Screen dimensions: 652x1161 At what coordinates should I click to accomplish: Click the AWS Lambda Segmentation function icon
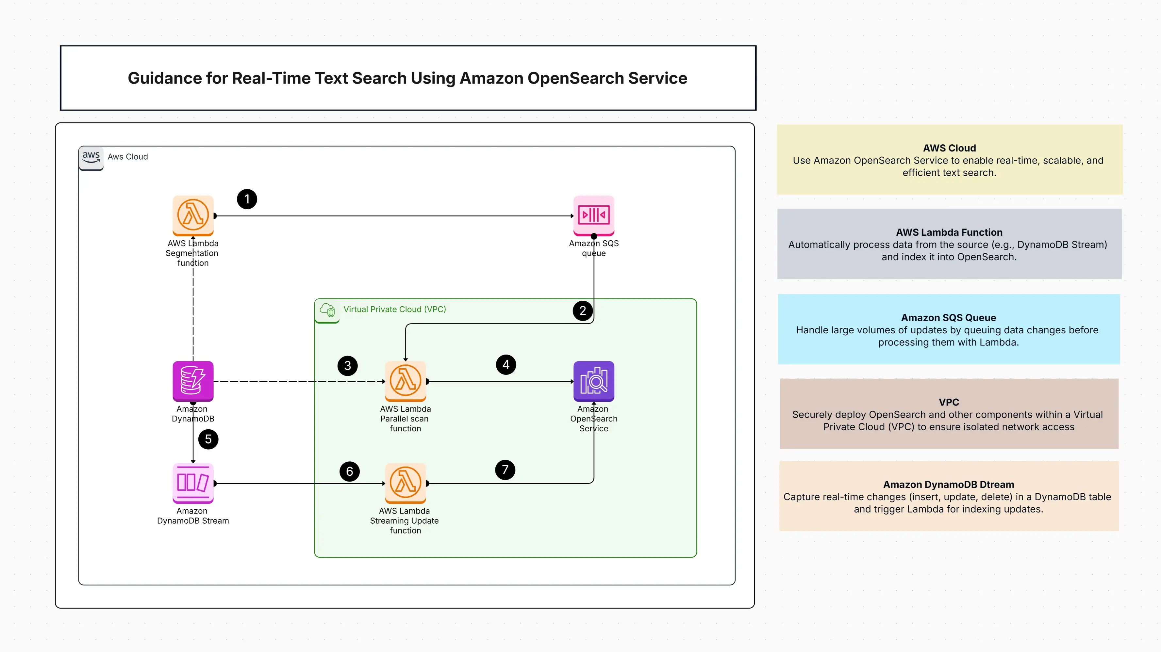pos(193,215)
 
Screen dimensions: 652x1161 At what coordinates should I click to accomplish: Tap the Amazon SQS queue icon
pos(593,215)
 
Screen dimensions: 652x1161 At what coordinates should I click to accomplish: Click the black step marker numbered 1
pos(247,199)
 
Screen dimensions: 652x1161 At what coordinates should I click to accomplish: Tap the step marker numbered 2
pos(583,311)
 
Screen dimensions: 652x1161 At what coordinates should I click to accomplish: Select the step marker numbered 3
pos(347,366)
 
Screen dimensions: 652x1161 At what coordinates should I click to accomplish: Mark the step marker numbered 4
pos(506,364)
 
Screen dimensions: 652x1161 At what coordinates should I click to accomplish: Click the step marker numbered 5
pos(208,439)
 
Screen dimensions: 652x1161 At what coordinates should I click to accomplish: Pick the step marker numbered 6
pos(349,471)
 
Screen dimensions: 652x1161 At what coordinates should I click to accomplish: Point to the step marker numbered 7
pos(505,469)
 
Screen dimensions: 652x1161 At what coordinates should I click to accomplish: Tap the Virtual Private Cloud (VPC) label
pos(394,309)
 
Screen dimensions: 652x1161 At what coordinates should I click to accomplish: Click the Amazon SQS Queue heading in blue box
pos(948,317)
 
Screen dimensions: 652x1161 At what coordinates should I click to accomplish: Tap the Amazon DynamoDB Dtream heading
pos(948,485)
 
